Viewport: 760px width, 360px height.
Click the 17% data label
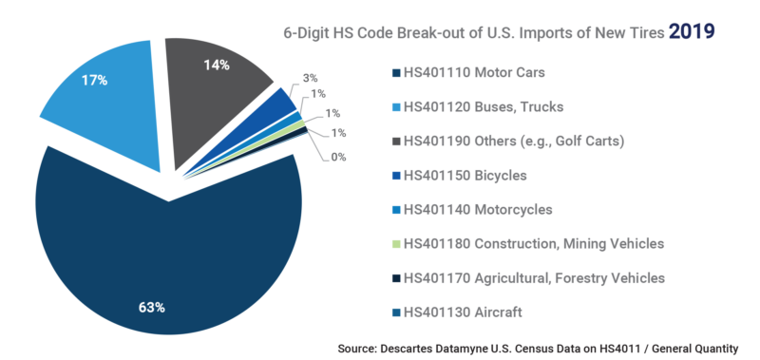(x=93, y=81)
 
